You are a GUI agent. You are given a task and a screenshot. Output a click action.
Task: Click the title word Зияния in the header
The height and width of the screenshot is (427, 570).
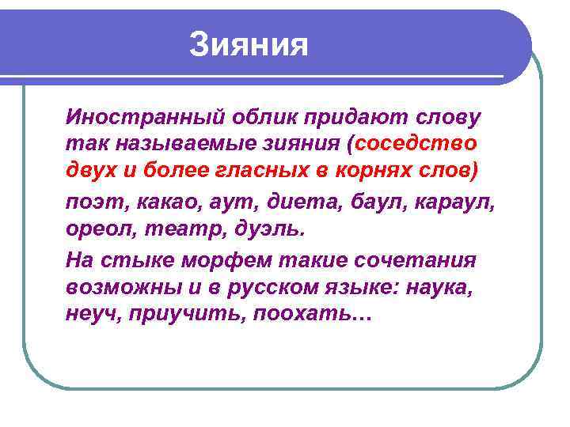(249, 45)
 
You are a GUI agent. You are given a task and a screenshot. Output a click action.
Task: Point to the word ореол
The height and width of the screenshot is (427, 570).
(96, 229)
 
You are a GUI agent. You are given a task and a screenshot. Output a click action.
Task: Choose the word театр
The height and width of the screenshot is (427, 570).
(166, 229)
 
